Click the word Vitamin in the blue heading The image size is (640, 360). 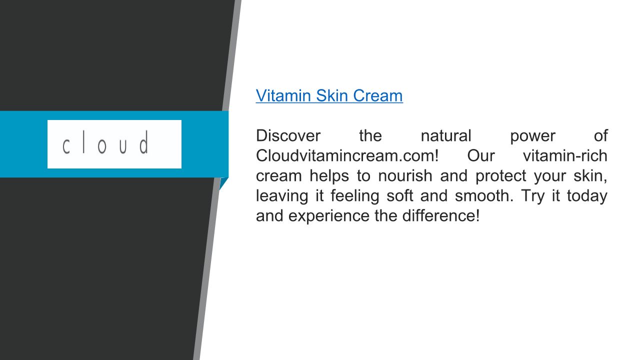[x=283, y=95]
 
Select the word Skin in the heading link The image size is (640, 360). [x=332, y=95]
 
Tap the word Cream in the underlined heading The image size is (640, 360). [x=378, y=95]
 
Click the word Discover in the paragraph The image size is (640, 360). [x=288, y=135]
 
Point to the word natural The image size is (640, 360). [x=445, y=135]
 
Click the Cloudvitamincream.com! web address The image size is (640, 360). [x=347, y=155]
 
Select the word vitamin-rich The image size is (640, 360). [x=565, y=155]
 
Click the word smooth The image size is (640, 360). [x=484, y=195]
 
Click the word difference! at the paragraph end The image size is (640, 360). [x=441, y=215]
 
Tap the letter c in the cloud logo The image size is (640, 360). [x=66, y=146]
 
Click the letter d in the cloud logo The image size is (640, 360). [x=144, y=142]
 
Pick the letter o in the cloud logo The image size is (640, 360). [x=102, y=146]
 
